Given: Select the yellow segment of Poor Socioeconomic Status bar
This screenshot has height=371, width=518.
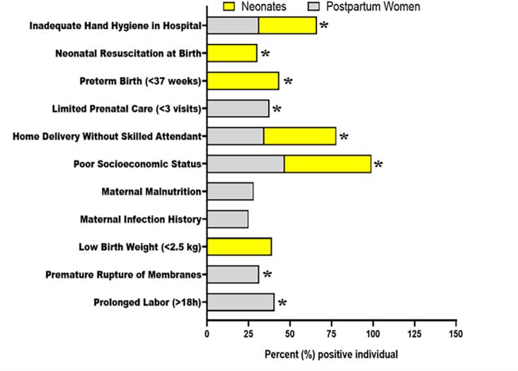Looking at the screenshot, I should tap(328, 164).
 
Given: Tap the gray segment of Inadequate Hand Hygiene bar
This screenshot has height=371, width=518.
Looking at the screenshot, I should tap(232, 26).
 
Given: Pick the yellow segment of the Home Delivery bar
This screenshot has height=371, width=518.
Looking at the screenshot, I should tap(300, 136).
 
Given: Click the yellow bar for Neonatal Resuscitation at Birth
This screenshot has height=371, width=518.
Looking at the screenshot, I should tap(232, 53).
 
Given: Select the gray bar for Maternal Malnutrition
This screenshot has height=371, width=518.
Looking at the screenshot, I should tap(230, 192).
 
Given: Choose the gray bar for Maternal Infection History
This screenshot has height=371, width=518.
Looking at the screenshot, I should tap(228, 220).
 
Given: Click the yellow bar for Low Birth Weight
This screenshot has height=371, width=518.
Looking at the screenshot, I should tap(239, 247).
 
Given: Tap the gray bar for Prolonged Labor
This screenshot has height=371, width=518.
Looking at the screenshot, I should tap(241, 302).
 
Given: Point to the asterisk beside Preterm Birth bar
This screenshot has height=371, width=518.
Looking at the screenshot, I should tap(288, 82).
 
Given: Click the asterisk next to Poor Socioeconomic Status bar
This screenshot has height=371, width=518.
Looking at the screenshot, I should tap(378, 165).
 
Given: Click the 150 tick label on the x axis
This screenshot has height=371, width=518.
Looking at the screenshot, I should tap(456, 332).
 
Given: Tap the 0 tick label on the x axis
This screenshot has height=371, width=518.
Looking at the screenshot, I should tap(207, 332).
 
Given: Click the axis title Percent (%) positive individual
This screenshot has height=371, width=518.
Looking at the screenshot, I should tap(331, 353).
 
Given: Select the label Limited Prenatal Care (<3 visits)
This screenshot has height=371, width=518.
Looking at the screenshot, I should tap(127, 109).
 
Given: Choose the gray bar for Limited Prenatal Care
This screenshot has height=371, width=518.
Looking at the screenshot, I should tap(238, 109).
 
